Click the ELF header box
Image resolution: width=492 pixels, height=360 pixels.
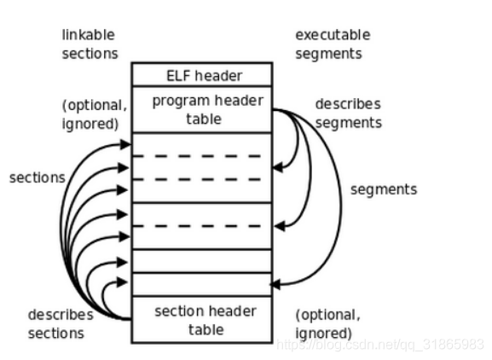pyautogui.click(x=201, y=74)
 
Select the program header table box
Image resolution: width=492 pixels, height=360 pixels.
pyautogui.click(x=201, y=109)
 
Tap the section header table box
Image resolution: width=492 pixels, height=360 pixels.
pyautogui.click(x=201, y=319)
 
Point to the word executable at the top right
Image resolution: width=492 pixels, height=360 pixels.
pyautogui.click(x=333, y=35)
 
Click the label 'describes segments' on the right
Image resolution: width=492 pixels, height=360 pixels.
pyautogui.click(x=348, y=113)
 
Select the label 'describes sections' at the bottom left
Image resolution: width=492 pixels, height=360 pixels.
pyautogui.click(x=60, y=323)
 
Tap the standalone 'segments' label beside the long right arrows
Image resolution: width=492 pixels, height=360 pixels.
pyautogui.click(x=384, y=189)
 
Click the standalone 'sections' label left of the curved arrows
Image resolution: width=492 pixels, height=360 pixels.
pyautogui.click(x=37, y=177)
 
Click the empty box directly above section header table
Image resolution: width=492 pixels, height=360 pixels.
pyautogui.click(x=201, y=283)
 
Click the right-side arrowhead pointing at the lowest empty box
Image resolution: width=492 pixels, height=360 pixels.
pyautogui.click(x=275, y=284)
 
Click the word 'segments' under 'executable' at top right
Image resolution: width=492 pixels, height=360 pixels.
pyautogui.click(x=328, y=53)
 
